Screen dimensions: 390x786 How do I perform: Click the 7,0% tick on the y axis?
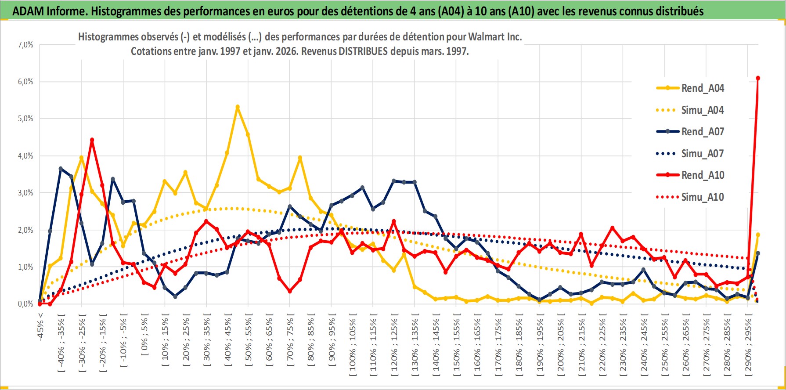(25, 45)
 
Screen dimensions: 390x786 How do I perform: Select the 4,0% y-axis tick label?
(25, 156)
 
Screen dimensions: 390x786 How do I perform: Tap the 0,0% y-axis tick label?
(25, 304)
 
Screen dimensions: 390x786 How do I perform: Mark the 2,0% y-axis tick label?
(25, 230)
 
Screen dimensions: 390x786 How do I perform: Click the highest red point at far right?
(758, 78)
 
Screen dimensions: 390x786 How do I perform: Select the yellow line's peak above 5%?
(238, 107)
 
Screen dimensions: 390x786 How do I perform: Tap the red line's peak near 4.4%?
(92, 140)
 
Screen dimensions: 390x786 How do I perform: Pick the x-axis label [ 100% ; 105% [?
(353, 345)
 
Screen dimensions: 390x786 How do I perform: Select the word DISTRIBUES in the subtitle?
(363, 51)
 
